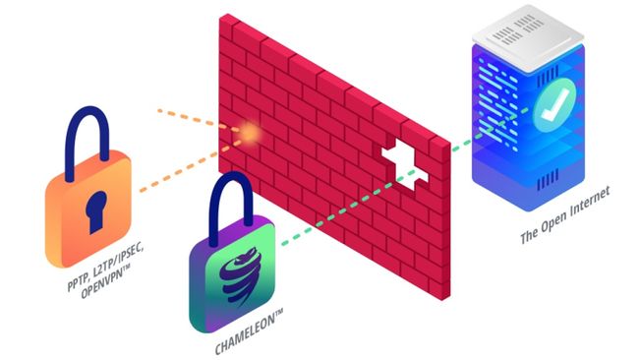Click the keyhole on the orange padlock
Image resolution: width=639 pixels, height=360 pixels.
point(94,209)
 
